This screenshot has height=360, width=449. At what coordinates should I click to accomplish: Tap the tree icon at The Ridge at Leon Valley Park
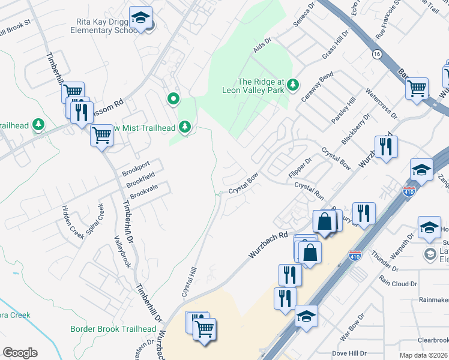tap(293, 84)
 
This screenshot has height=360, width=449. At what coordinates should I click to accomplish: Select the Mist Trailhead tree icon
tap(185, 126)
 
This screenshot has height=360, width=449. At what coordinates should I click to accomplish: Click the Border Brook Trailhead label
tap(113, 329)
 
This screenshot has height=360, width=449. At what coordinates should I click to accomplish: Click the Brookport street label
tap(135, 165)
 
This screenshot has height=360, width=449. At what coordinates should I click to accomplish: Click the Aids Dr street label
tap(263, 45)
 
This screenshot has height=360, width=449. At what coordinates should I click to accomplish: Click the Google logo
tap(20, 353)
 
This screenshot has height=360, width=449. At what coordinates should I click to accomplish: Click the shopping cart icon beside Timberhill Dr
tap(101, 136)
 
